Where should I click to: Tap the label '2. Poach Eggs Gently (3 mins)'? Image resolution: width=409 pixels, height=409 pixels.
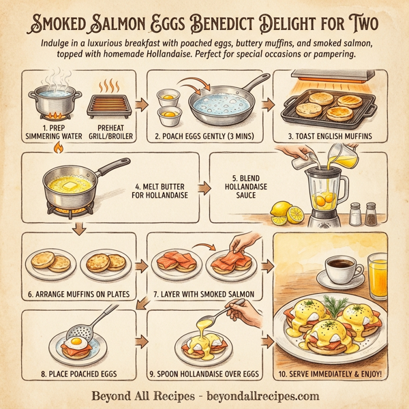tap(204, 136)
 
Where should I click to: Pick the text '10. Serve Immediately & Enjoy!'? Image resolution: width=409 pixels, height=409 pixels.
tap(330, 374)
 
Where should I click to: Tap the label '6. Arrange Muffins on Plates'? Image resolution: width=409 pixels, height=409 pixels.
tap(77, 295)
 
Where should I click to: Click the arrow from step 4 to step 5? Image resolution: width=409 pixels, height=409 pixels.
tap(204, 186)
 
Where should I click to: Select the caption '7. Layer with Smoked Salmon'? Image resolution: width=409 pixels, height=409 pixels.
tap(204, 295)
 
